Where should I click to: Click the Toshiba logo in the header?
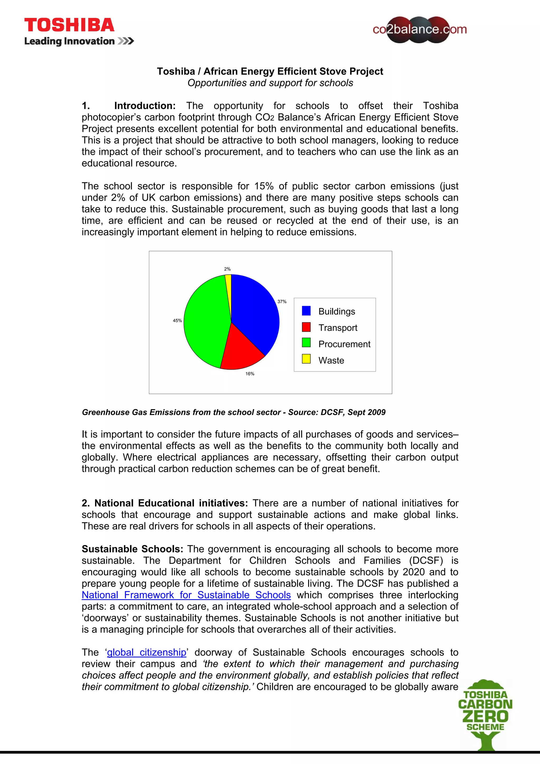point(69,26)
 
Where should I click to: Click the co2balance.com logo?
point(419,30)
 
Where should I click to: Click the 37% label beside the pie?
point(282,302)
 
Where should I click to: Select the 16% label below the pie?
point(250,374)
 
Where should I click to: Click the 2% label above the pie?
point(227,269)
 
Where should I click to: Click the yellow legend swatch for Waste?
point(306,359)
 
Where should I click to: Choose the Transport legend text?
point(337,328)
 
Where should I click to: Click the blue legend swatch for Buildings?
point(306,311)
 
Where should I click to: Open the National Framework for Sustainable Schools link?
point(186,595)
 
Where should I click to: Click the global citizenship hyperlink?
point(146,652)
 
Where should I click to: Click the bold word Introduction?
point(145,106)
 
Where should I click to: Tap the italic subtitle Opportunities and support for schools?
point(270,83)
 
